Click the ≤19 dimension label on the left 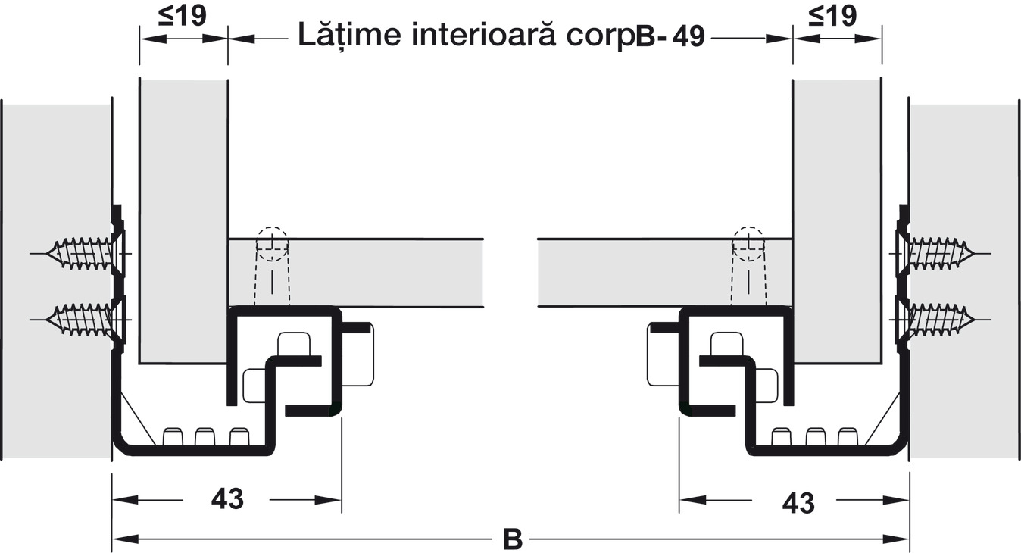pos(183,17)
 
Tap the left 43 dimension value pos(226,499)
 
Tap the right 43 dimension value pos(798,501)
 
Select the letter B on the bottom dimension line pos(513,539)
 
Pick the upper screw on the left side pos(80,253)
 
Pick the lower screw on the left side pos(80,319)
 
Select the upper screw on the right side pos(939,253)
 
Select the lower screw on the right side pos(939,319)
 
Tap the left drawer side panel pos(183,220)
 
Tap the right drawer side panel pos(837,220)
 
